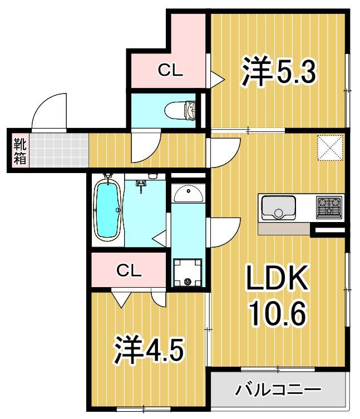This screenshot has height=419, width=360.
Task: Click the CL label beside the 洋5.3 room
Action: (x=170, y=70)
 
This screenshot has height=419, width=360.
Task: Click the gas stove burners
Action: (x=329, y=208)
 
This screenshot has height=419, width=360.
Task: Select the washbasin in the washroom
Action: (x=188, y=194)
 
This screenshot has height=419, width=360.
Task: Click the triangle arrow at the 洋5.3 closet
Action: (x=216, y=80)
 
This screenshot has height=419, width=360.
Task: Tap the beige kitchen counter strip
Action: (x=284, y=229)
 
